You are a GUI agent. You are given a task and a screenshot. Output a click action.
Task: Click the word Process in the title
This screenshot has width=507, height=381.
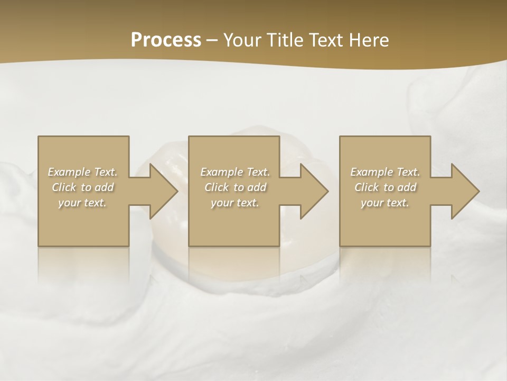[x=166, y=40]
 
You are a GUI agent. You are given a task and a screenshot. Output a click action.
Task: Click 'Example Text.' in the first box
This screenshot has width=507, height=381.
[x=82, y=172]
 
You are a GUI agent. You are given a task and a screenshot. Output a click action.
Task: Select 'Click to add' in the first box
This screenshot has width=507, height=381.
[x=82, y=187]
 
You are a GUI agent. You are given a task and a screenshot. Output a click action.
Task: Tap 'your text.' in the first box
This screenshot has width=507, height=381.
[x=82, y=203]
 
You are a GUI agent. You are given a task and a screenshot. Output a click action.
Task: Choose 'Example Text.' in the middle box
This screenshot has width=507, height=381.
[x=235, y=172]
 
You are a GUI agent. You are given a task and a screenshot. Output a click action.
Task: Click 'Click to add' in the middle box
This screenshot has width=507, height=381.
[x=235, y=187]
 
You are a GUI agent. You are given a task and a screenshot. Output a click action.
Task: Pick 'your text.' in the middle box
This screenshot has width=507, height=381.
[x=235, y=203]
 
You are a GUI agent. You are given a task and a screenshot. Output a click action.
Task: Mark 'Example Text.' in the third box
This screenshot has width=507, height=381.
[x=385, y=172]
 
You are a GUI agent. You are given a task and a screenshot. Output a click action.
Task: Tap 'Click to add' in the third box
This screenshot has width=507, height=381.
[x=385, y=187]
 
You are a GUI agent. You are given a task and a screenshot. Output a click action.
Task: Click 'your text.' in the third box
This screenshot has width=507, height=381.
[x=385, y=203]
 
